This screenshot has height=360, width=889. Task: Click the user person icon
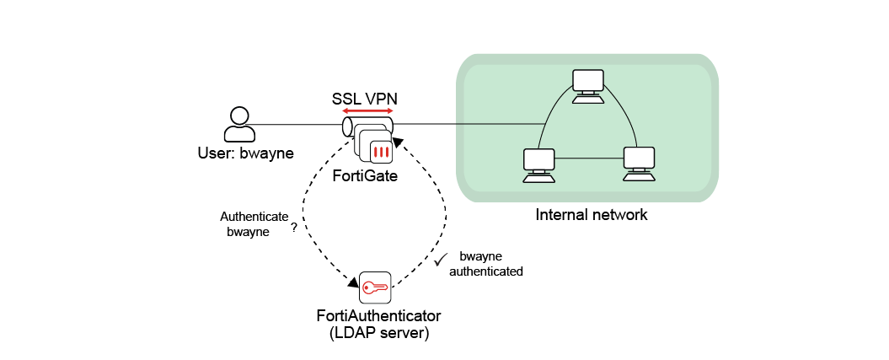click(239, 124)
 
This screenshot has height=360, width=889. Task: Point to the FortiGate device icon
click(373, 142)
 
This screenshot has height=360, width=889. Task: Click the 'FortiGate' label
click(364, 177)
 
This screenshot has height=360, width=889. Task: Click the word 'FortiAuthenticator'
click(378, 316)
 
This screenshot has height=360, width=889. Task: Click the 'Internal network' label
click(591, 214)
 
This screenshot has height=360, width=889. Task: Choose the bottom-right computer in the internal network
click(639, 164)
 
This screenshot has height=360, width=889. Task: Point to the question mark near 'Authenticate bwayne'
click(293, 228)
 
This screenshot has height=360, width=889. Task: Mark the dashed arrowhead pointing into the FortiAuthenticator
click(352, 282)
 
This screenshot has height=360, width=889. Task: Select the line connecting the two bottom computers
click(588, 159)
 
